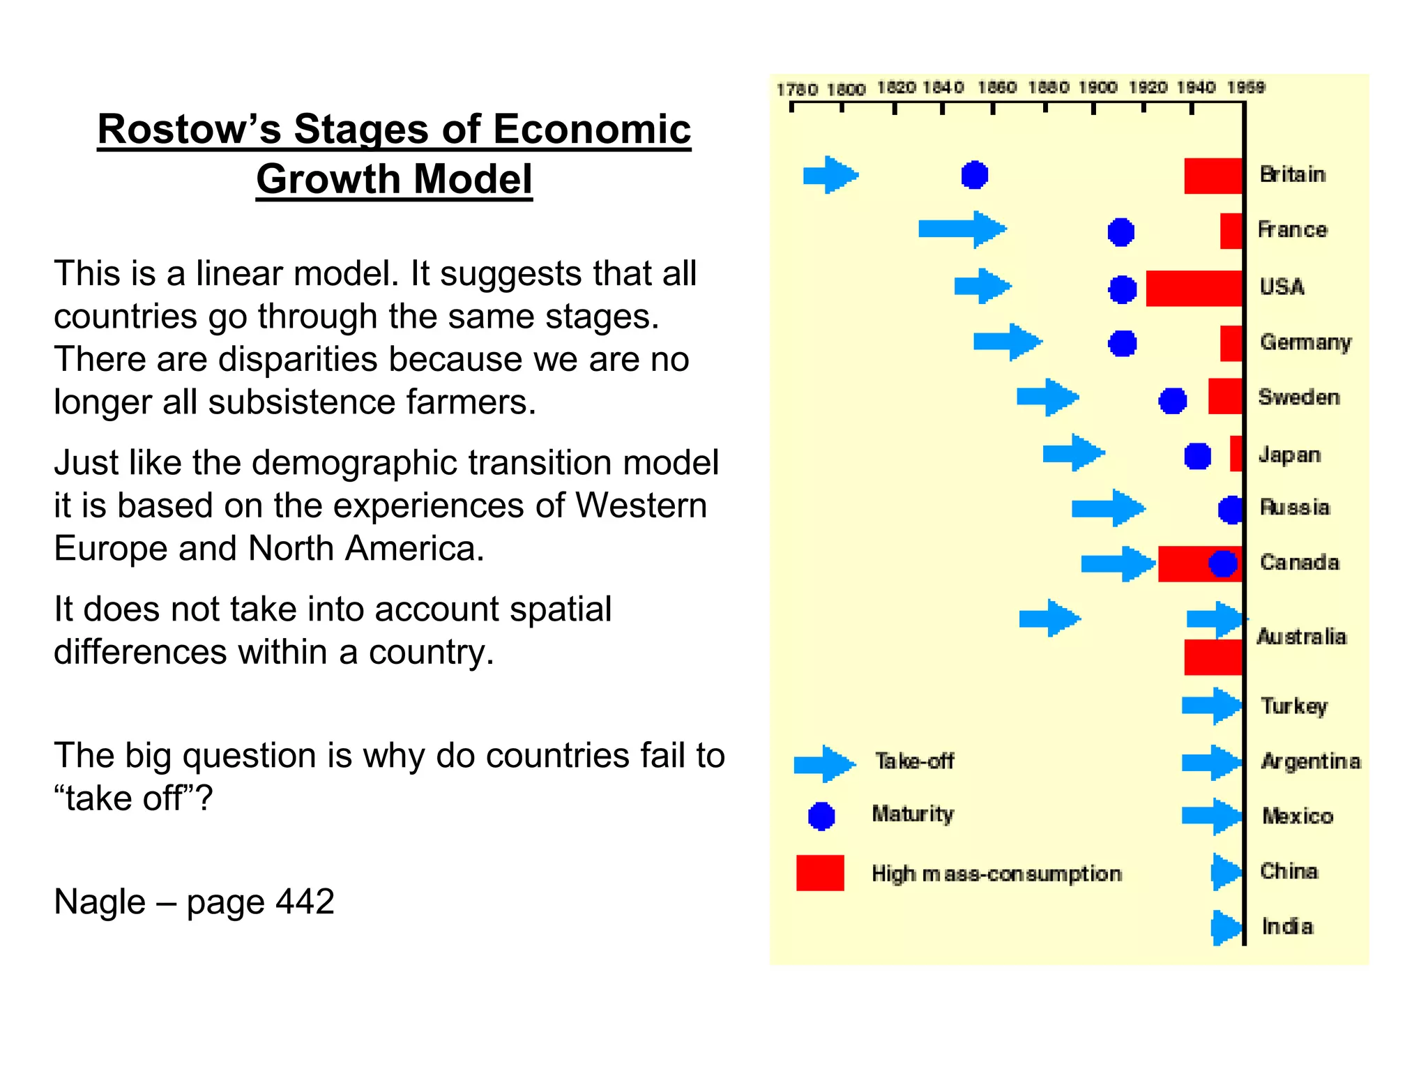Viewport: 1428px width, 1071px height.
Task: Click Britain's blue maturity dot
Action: (x=974, y=174)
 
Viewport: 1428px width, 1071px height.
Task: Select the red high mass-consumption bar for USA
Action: (x=1194, y=288)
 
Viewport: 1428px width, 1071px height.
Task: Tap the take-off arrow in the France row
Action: (x=962, y=229)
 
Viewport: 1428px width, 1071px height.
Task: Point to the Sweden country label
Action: (x=1298, y=397)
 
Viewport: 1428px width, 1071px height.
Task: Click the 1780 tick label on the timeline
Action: (x=796, y=89)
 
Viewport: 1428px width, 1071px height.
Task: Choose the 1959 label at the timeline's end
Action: (x=1246, y=88)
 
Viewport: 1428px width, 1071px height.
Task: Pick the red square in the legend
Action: (x=820, y=873)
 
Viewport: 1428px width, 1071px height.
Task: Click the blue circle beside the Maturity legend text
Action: (x=821, y=816)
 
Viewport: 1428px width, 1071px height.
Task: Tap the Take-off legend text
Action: (x=914, y=761)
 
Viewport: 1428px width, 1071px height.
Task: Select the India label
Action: (x=1287, y=927)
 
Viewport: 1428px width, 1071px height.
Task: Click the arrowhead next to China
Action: (x=1226, y=872)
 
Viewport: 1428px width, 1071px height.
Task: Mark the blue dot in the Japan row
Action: (x=1197, y=456)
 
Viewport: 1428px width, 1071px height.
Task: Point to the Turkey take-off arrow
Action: (x=1212, y=706)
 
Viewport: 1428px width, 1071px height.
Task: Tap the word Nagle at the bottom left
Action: (x=100, y=902)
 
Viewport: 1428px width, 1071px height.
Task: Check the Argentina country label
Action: (x=1310, y=761)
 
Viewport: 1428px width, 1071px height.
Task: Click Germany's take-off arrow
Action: (x=1008, y=342)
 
